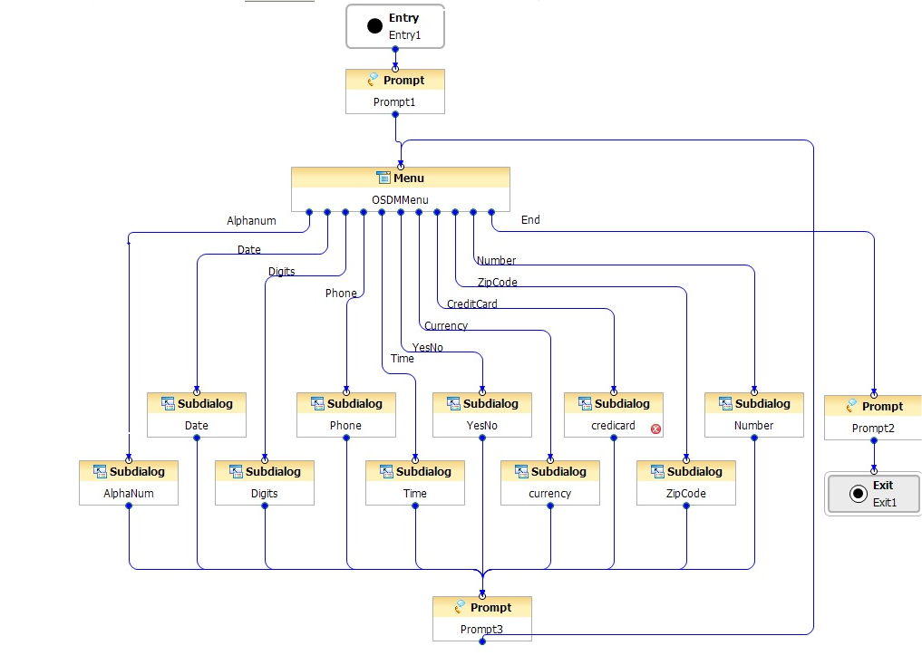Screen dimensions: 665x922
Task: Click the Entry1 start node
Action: [x=395, y=26]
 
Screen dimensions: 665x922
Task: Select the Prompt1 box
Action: [x=395, y=92]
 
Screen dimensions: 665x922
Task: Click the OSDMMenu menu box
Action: [x=400, y=189]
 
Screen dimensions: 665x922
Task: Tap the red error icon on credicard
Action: [x=656, y=429]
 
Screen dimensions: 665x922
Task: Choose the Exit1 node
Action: [x=872, y=494]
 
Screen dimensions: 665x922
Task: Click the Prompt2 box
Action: [x=872, y=418]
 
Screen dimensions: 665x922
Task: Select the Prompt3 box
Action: [x=482, y=619]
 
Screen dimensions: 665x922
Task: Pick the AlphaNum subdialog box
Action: [x=129, y=483]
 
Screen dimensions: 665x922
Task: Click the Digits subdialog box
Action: [x=265, y=483]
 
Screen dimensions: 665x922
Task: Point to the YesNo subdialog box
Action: [x=482, y=415]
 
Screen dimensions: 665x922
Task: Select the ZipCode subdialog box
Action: [x=686, y=483]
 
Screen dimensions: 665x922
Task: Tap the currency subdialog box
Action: [x=550, y=483]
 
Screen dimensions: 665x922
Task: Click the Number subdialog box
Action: [x=754, y=415]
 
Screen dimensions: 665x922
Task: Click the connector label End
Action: [x=530, y=220]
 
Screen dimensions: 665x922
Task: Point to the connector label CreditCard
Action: [x=471, y=304]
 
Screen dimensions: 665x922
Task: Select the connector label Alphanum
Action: [x=251, y=221]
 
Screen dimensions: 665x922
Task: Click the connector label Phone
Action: [x=341, y=294]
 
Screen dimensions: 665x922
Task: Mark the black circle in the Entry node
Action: [x=375, y=26]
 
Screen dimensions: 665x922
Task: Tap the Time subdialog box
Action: [x=415, y=483]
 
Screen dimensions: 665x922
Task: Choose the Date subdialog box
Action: [x=197, y=415]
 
